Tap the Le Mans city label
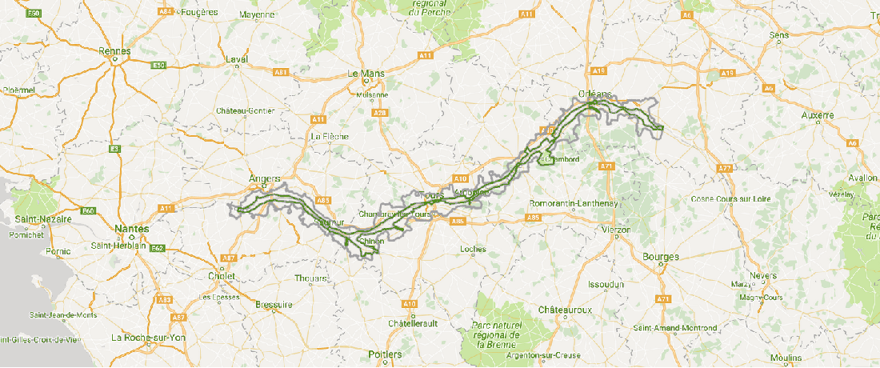[x=366, y=74]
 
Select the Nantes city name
[x=132, y=228]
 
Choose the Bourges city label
[x=660, y=257]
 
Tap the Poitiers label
[x=385, y=354]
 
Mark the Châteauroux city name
[x=565, y=309]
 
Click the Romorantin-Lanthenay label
[x=574, y=204]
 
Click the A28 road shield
[x=380, y=113]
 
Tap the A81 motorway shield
[x=281, y=72]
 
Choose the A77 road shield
[x=726, y=168]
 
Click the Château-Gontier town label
[x=246, y=110]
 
